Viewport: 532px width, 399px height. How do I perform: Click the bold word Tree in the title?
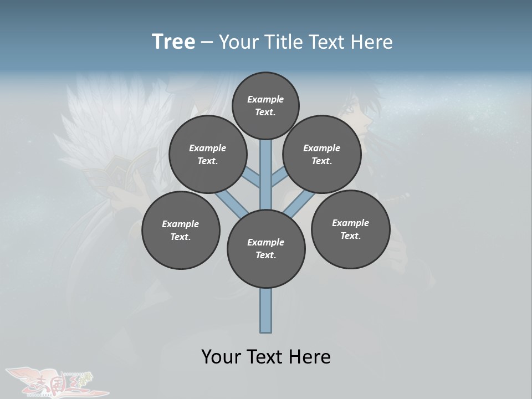point(173,42)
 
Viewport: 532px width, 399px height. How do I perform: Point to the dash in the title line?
point(207,42)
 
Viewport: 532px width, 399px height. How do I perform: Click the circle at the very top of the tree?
point(265,105)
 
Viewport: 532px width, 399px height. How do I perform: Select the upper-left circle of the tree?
point(208,154)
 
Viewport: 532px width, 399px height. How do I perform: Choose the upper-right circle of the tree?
point(322,154)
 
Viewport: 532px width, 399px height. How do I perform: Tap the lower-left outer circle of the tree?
point(181,230)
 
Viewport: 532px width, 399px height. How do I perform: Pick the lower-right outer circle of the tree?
point(350,229)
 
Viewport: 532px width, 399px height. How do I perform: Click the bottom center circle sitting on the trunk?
point(266,249)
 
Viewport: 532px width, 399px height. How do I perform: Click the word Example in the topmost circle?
point(265,99)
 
